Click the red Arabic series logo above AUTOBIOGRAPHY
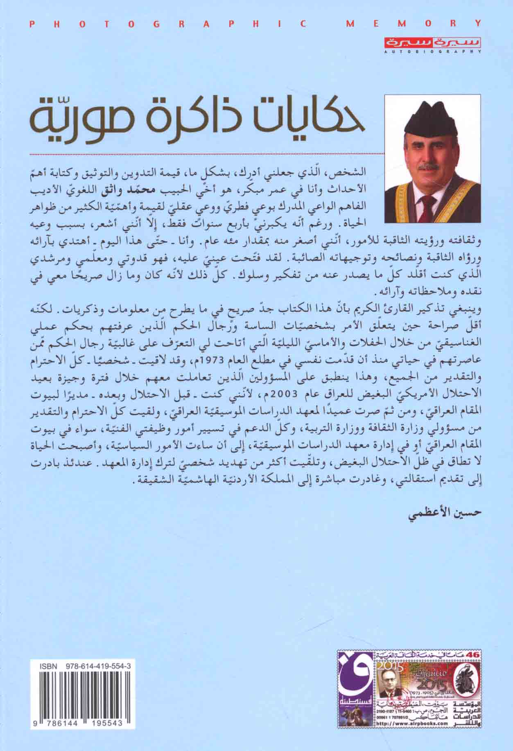click(432, 43)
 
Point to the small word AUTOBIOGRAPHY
click(432, 52)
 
